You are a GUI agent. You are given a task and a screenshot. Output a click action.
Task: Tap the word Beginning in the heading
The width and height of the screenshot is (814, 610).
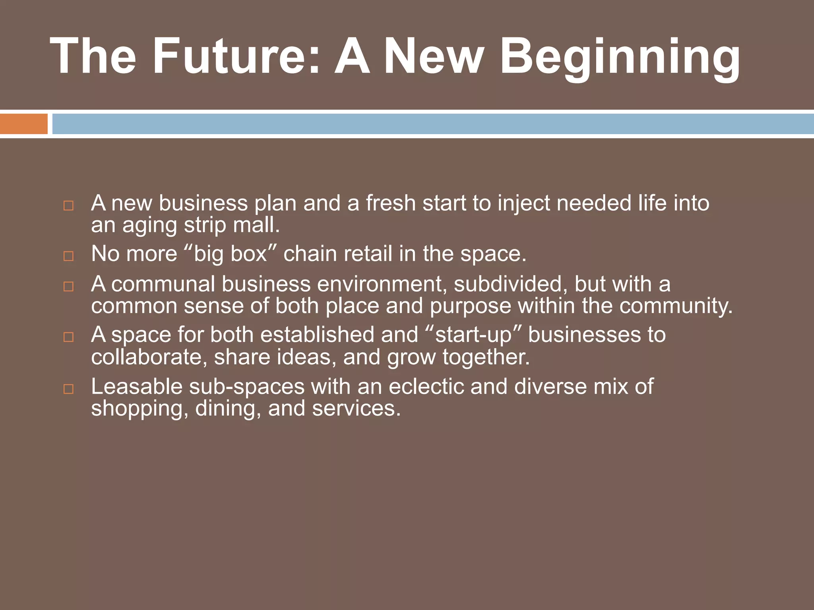pyautogui.click(x=620, y=58)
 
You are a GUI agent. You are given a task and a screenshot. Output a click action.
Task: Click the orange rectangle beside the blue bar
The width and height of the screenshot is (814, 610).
pyautogui.click(x=23, y=124)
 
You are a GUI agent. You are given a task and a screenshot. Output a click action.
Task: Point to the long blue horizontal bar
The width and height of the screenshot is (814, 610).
pyautogui.click(x=433, y=124)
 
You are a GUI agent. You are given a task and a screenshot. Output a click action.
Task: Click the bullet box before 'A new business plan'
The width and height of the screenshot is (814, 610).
pyautogui.click(x=68, y=206)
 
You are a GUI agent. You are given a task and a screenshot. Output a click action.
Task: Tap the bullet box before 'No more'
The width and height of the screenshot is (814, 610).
pyautogui.click(x=68, y=256)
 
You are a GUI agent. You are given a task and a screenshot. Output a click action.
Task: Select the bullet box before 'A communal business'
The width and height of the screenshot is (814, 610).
pyautogui.click(x=68, y=286)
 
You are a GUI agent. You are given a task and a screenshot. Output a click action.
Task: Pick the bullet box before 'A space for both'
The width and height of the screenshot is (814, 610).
pyautogui.click(x=68, y=337)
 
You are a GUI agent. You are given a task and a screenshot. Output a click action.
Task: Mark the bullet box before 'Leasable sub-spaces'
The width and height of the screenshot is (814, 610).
pyautogui.click(x=68, y=389)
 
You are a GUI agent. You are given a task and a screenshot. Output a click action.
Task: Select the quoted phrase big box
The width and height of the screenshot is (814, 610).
pyautogui.click(x=231, y=254)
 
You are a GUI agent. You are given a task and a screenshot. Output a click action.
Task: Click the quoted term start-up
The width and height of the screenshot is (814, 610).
pyautogui.click(x=473, y=335)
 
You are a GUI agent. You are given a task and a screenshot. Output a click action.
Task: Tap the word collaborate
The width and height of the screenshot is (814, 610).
pyautogui.click(x=149, y=357)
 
